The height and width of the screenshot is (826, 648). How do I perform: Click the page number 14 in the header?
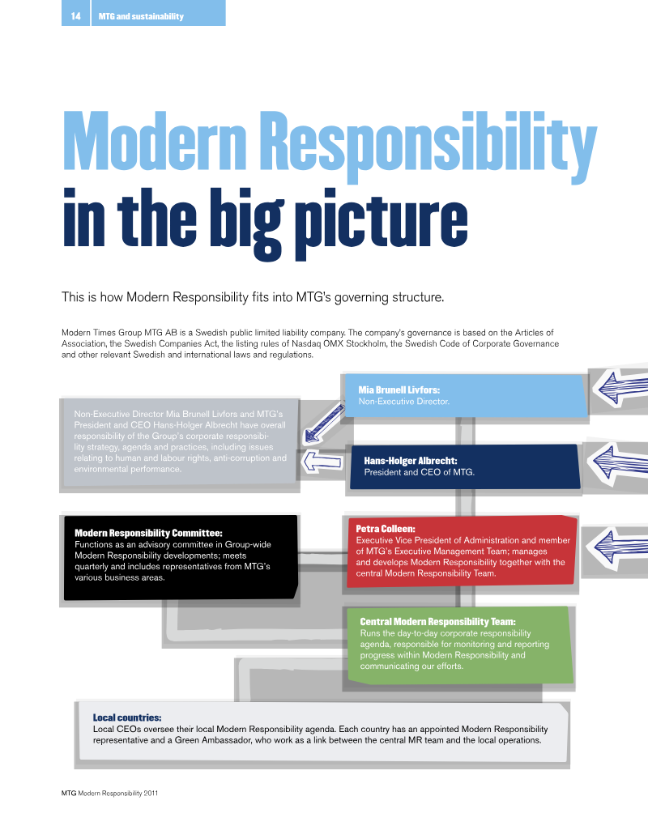[76, 16]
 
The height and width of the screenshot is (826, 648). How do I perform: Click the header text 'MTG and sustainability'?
[141, 16]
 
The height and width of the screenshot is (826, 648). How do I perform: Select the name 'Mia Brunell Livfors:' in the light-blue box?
[399, 390]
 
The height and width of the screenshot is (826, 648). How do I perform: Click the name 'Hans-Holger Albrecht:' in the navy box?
[411, 461]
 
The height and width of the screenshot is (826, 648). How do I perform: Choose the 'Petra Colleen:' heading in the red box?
[386, 529]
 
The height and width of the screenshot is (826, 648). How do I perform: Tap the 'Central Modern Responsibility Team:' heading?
[437, 622]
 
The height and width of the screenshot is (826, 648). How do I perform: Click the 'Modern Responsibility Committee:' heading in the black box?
[148, 533]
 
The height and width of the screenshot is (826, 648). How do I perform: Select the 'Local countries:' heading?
[127, 717]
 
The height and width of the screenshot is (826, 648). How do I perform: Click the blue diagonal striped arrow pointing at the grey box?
[323, 424]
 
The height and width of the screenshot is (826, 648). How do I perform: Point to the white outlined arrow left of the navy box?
[322, 462]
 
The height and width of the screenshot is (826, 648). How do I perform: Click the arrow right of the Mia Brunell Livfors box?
[620, 388]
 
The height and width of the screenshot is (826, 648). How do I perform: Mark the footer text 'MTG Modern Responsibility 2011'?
[109, 793]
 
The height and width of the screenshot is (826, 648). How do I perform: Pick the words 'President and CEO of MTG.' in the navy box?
[420, 472]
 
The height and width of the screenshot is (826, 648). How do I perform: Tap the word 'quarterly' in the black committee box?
[92, 567]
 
